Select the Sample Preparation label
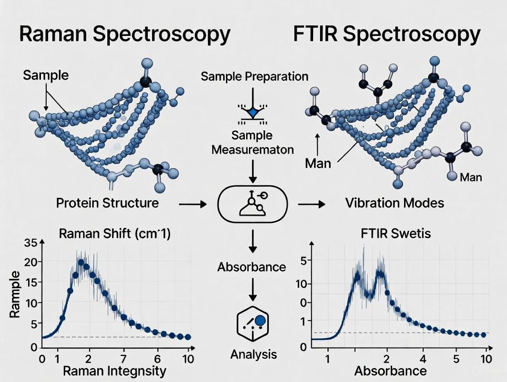[254, 76]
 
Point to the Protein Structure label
[107, 202]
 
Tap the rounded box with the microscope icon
[252, 203]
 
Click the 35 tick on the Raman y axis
[30, 243]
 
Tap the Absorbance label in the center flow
[252, 267]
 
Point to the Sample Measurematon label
[252, 142]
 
